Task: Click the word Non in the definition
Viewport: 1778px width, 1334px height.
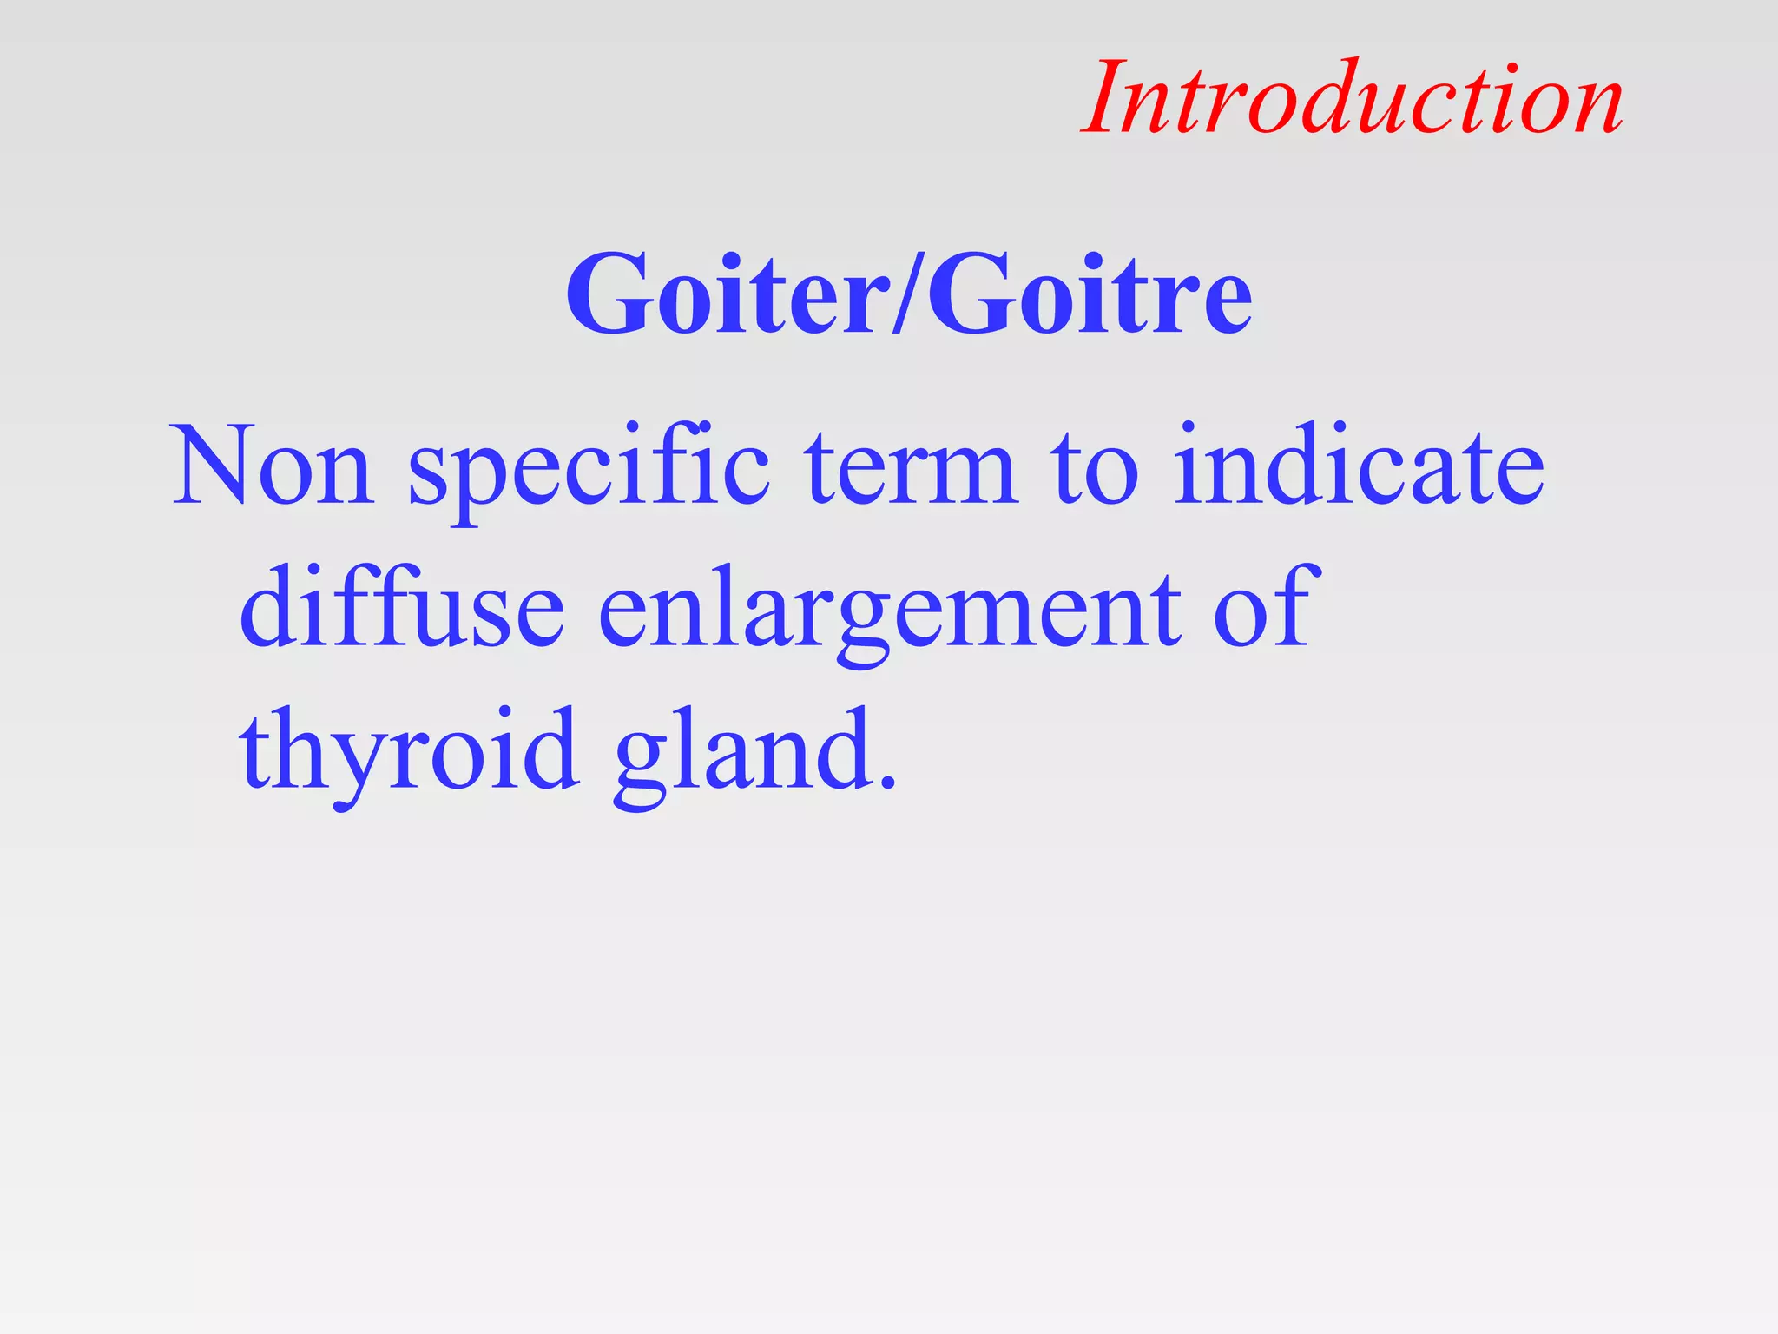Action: pyautogui.click(x=273, y=466)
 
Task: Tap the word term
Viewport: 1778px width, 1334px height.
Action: pyautogui.click(x=911, y=466)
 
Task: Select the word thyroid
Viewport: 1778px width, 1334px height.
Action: pyautogui.click(x=409, y=751)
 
